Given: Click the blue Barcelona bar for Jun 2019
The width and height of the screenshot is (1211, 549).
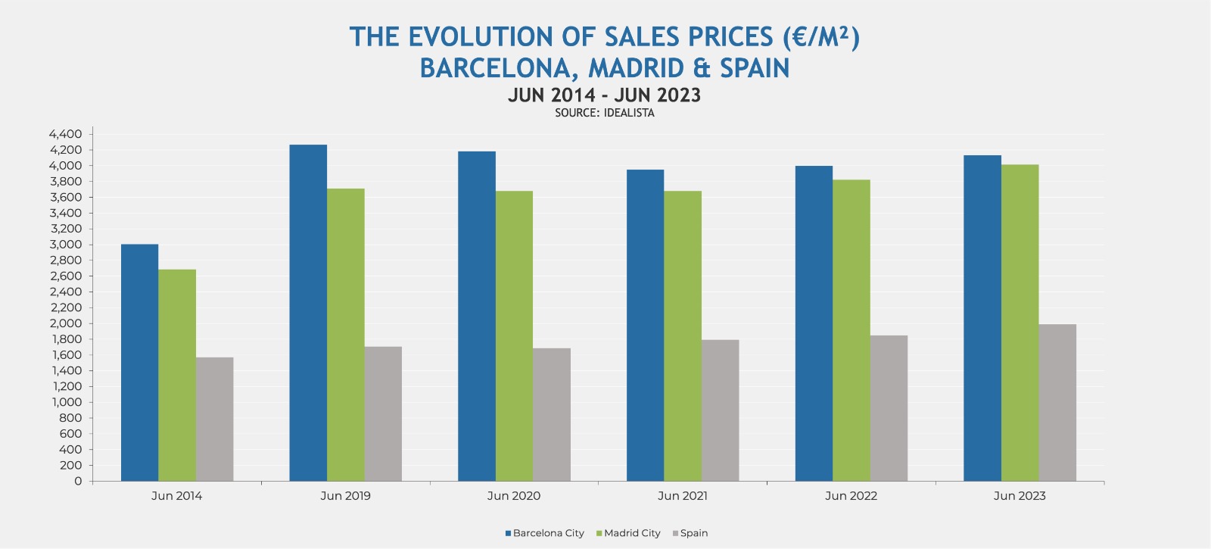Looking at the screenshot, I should [x=308, y=313].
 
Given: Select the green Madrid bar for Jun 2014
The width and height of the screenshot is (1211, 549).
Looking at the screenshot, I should [x=177, y=375].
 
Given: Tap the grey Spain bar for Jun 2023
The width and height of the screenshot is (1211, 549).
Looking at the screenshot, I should [x=1057, y=403].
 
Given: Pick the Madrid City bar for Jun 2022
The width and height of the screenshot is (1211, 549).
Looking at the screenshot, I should [x=851, y=330].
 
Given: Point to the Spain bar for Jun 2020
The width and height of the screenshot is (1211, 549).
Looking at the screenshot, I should [x=552, y=415].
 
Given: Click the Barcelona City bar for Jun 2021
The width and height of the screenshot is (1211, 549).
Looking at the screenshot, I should [x=645, y=326].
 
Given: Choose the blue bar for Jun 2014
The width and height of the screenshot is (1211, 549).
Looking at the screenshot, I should [x=139, y=363].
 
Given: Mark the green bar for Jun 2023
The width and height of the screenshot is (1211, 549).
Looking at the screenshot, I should [x=1020, y=323].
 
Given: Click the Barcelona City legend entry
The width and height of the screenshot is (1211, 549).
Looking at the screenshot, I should [x=544, y=533].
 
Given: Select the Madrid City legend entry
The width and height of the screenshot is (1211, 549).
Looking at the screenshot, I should [x=628, y=533].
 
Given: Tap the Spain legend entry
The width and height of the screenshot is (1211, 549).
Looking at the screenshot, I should [x=690, y=533].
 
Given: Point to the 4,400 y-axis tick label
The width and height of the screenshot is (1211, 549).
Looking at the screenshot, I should [x=65, y=134].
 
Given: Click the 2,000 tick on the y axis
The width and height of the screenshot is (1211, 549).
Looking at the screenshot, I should [x=66, y=323].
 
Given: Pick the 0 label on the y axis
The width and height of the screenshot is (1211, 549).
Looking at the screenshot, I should [x=78, y=481].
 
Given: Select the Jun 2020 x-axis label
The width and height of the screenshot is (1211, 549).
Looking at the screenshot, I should [x=514, y=496].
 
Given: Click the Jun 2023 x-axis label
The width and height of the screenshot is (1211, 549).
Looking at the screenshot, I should [x=1020, y=496].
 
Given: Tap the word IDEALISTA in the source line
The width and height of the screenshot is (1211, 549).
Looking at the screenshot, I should [x=629, y=113].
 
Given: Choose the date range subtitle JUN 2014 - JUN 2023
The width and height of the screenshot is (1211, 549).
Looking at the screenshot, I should [x=604, y=95].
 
